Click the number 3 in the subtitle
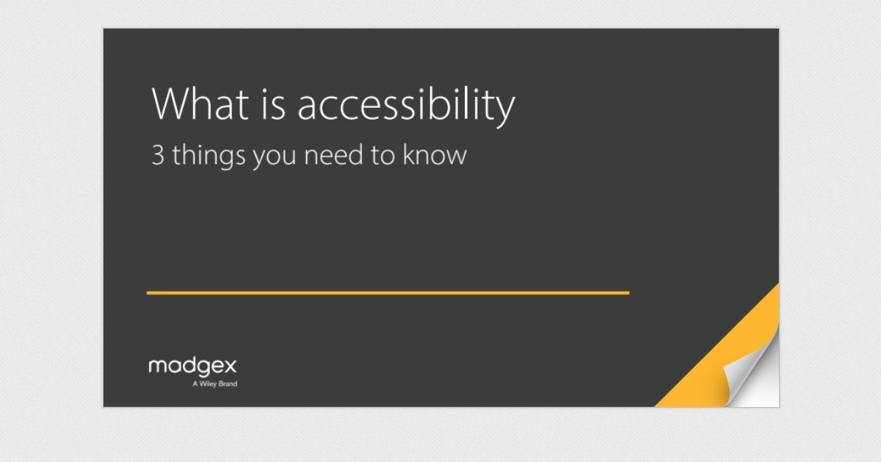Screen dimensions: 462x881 pos(157,155)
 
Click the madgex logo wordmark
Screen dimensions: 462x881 pos(192,367)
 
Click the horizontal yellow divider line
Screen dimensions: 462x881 pos(388,293)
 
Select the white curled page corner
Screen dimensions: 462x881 pos(753,381)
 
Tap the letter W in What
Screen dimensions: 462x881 pos(170,105)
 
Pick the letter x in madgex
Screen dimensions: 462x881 pos(231,367)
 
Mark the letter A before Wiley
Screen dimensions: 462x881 pos(195,384)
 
